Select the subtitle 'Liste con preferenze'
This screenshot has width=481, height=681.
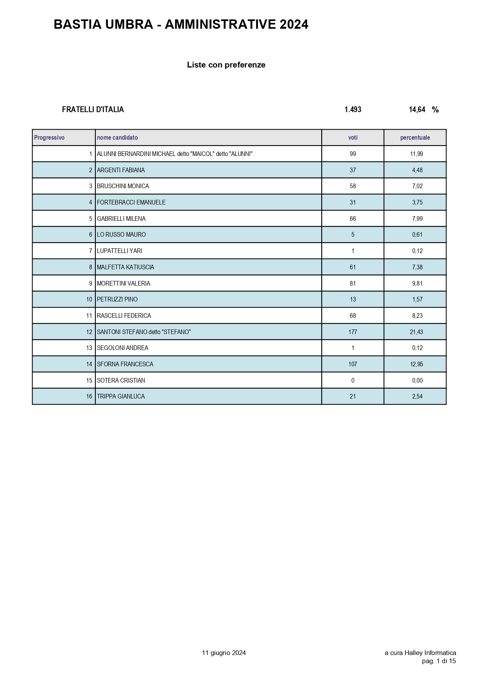click(x=226, y=65)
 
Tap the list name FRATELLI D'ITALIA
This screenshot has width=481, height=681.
click(x=93, y=109)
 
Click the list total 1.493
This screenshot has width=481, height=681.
click(x=353, y=109)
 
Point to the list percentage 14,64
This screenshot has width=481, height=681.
click(x=417, y=109)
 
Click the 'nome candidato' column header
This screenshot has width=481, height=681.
click(x=117, y=137)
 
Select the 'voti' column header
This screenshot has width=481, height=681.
click(x=353, y=137)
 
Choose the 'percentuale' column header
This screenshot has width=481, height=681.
click(x=415, y=137)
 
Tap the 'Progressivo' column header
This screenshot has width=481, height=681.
click(x=49, y=137)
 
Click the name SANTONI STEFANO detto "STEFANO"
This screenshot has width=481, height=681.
click(x=144, y=332)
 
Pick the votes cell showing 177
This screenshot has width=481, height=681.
click(x=353, y=332)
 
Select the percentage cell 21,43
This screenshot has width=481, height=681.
click(x=417, y=332)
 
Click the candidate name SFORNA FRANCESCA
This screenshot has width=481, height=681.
click(x=125, y=364)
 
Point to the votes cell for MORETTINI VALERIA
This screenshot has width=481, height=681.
click(x=353, y=283)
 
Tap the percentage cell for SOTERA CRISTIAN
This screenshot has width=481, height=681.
click(x=417, y=380)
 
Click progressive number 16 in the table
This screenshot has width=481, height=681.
click(x=89, y=396)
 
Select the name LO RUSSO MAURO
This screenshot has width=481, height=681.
click(x=121, y=234)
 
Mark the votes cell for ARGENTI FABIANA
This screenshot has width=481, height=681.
click(x=353, y=170)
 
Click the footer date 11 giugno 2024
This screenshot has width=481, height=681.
click(x=224, y=653)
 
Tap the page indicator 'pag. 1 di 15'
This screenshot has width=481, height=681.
click(x=439, y=661)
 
